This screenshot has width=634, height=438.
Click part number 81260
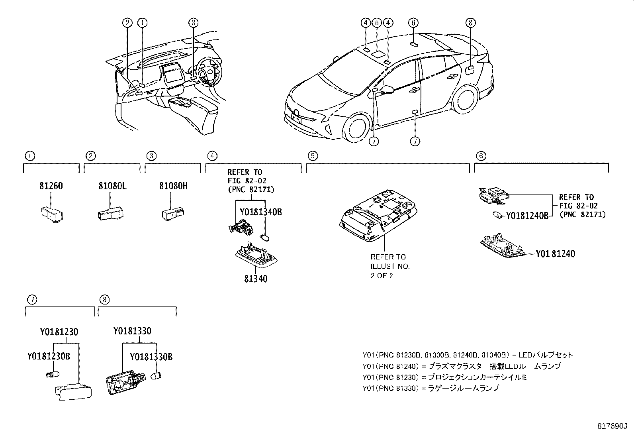tap(51, 186)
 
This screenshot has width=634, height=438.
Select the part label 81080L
tap(112, 186)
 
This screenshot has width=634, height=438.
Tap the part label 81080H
tap(173, 186)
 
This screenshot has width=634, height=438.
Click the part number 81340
tap(256, 279)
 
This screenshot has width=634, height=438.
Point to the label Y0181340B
tap(260, 212)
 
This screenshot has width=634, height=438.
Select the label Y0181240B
tap(527, 216)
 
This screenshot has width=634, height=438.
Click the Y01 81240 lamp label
tap(555, 254)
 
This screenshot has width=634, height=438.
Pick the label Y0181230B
tap(49, 356)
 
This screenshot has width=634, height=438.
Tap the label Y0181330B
tap(151, 357)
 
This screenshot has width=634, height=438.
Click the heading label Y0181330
tap(132, 331)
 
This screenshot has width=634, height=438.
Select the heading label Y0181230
tap(59, 332)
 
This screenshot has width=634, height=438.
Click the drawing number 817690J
tap(611, 426)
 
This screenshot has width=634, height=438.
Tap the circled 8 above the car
tap(470, 23)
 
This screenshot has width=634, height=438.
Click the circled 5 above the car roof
tap(377, 23)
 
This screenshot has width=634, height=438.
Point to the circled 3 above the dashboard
tap(193, 23)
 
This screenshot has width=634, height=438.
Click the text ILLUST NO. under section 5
tap(390, 266)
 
